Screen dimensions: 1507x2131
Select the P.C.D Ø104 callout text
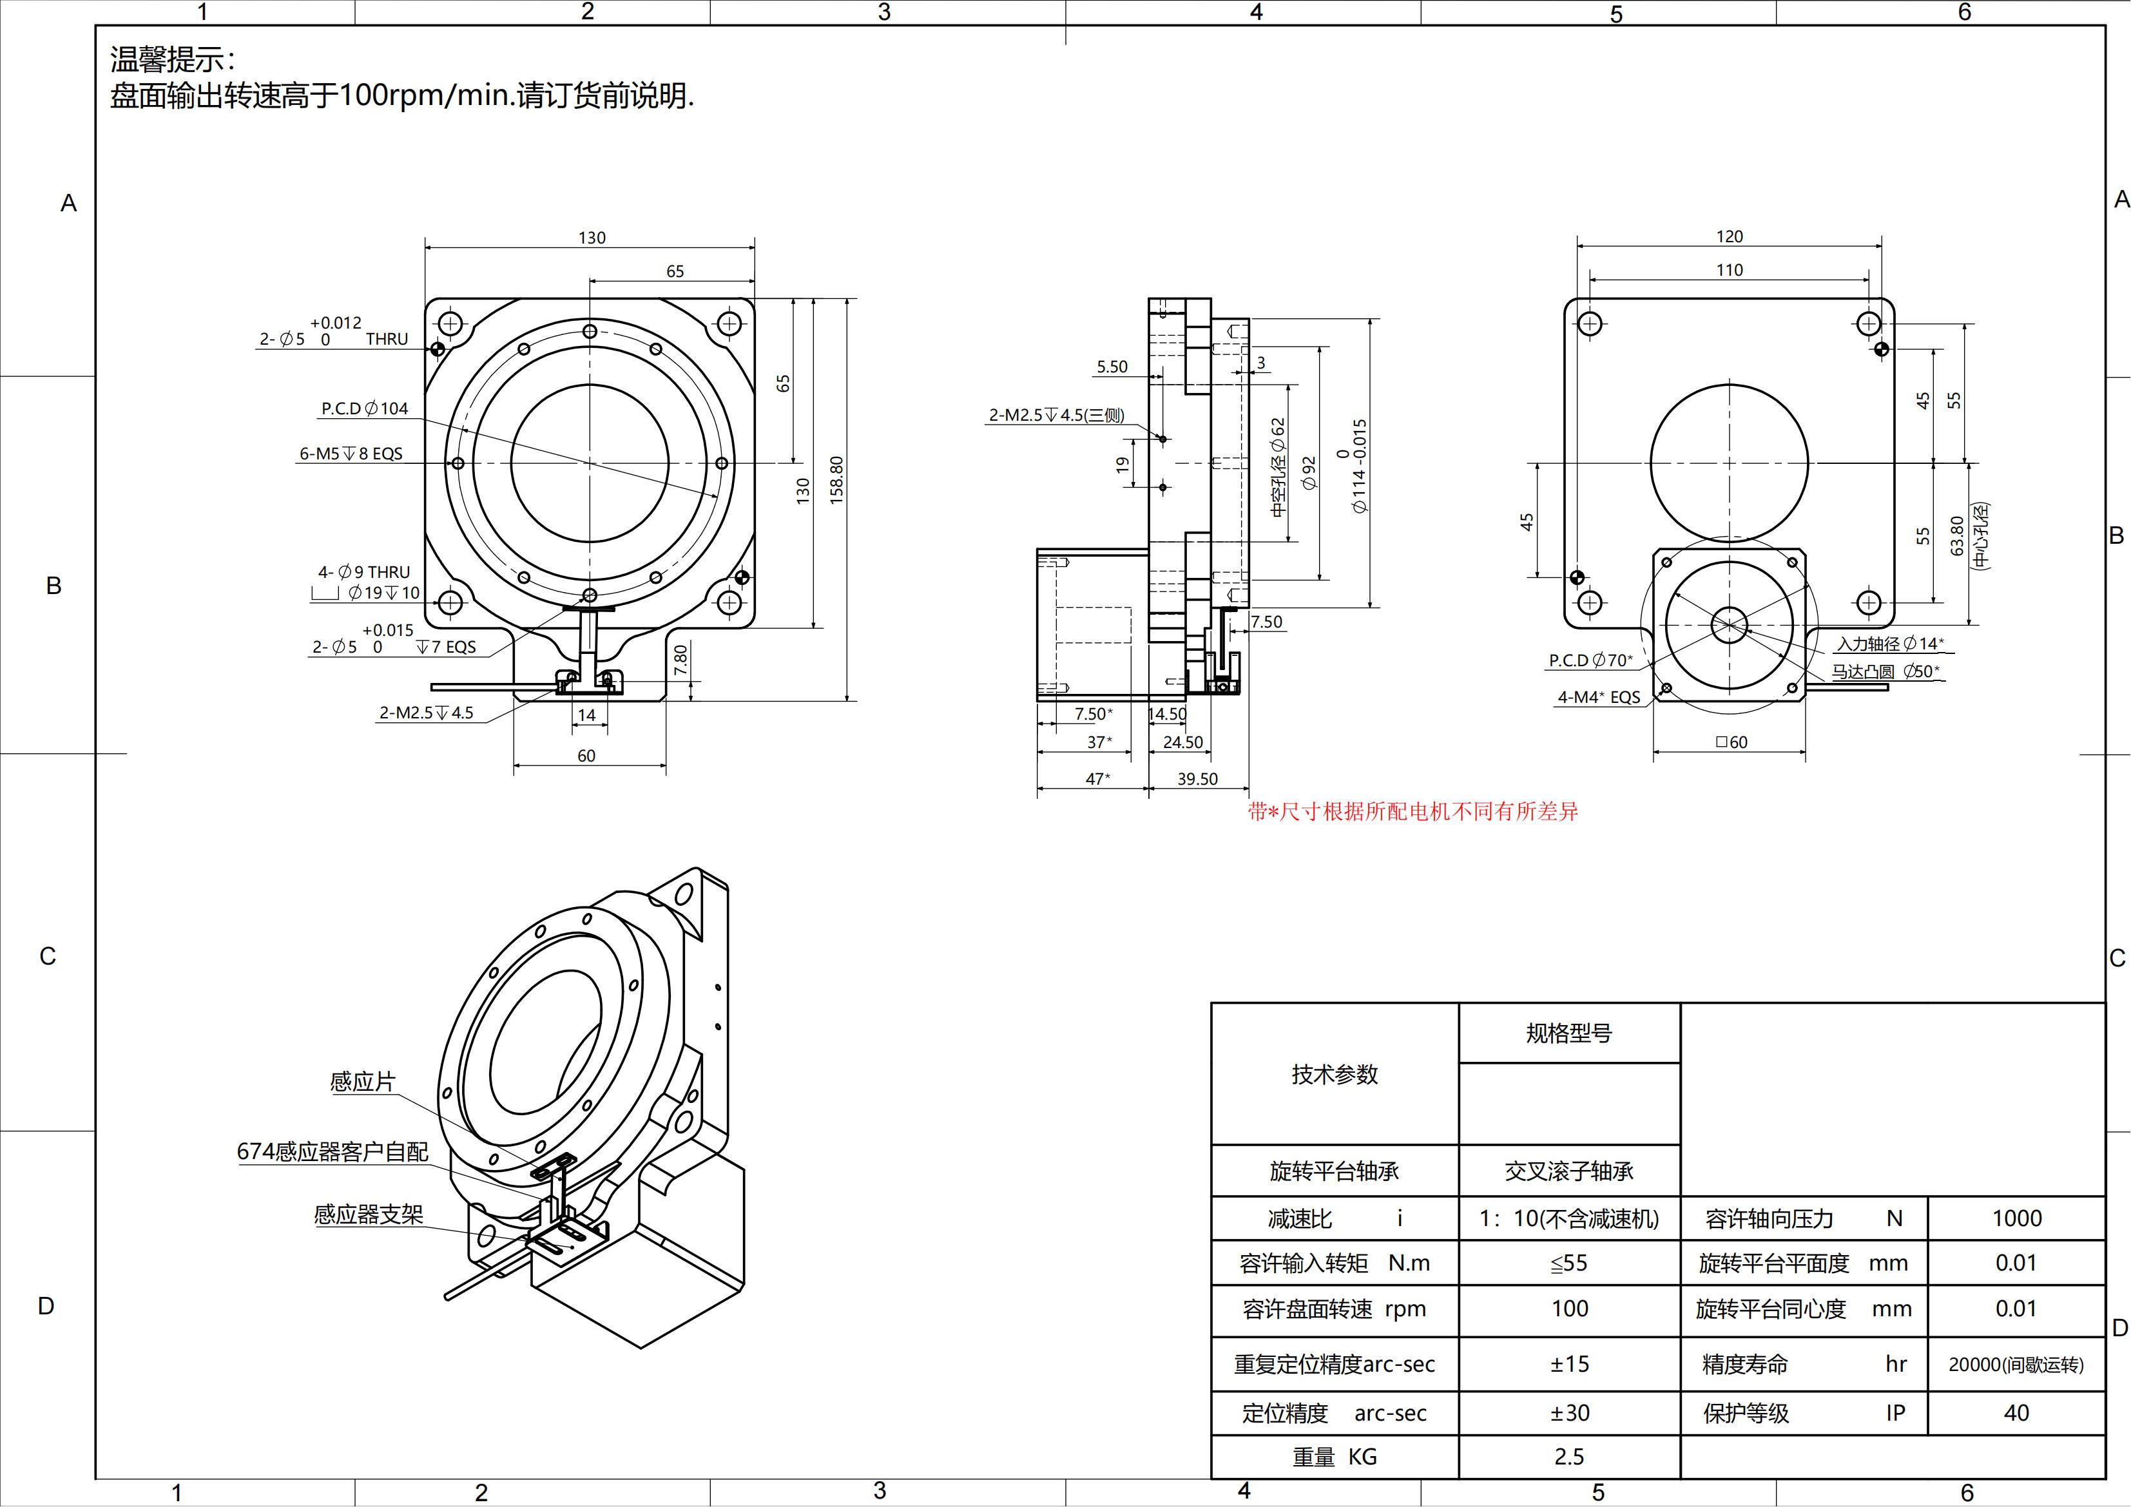coord(365,408)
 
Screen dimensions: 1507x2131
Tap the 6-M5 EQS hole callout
coord(351,454)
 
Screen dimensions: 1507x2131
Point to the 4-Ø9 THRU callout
coord(364,573)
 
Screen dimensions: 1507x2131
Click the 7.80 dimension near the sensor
coord(680,660)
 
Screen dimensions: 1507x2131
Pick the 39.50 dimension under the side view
coord(1197,778)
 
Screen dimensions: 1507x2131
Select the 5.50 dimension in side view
coord(1112,367)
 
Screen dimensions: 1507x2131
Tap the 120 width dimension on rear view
coord(1729,236)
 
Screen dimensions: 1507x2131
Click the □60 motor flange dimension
coord(1731,742)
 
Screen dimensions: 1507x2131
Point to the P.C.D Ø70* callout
coord(1590,660)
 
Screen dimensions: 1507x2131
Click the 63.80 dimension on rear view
coord(1956,535)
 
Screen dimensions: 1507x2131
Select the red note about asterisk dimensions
coord(1413,812)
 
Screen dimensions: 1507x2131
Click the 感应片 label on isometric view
coord(362,1082)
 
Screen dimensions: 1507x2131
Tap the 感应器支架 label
coord(369,1214)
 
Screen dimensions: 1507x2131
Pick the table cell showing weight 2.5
coord(1568,1457)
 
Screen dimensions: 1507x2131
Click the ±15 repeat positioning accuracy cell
coord(1568,1364)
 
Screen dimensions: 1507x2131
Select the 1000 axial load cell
coord(2016,1218)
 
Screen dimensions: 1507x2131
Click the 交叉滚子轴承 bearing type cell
coord(1568,1171)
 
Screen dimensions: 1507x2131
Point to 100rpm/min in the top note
coord(427,95)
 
